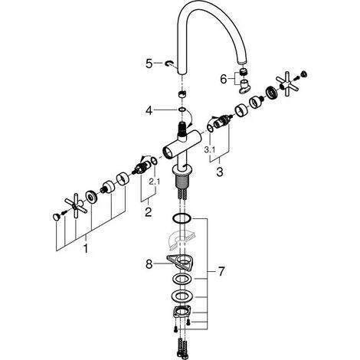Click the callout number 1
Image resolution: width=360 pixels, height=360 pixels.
pyautogui.click(x=86, y=248)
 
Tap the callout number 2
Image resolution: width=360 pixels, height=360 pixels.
pyautogui.click(x=149, y=212)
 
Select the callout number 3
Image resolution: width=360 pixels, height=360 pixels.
pyautogui.click(x=220, y=172)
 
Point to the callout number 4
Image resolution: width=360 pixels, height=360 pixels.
pyautogui.click(x=149, y=111)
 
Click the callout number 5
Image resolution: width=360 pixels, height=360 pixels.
pyautogui.click(x=149, y=64)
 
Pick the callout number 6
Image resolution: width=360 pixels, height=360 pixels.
pyautogui.click(x=224, y=79)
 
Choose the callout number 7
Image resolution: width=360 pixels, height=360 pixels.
pyautogui.click(x=221, y=271)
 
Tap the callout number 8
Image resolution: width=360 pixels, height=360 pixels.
pyautogui.click(x=149, y=264)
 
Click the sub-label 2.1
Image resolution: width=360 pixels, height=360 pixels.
pyautogui.click(x=155, y=182)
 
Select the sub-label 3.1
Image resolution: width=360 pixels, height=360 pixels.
pyautogui.click(x=210, y=150)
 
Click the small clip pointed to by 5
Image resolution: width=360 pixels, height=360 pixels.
pyautogui.click(x=169, y=63)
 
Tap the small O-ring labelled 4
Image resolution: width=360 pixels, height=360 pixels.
pyautogui.click(x=182, y=110)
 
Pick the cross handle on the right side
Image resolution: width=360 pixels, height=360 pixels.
pyautogui.click(x=286, y=84)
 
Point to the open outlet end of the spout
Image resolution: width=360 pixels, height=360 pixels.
pyautogui.click(x=242, y=62)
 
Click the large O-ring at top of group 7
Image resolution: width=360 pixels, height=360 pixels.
pyautogui.click(x=182, y=218)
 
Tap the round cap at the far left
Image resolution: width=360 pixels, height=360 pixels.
pyautogui.click(x=56, y=217)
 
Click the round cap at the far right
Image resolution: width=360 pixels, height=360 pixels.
pyautogui.click(x=304, y=74)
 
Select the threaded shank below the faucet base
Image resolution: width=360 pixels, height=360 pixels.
pyautogui.click(x=182, y=182)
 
